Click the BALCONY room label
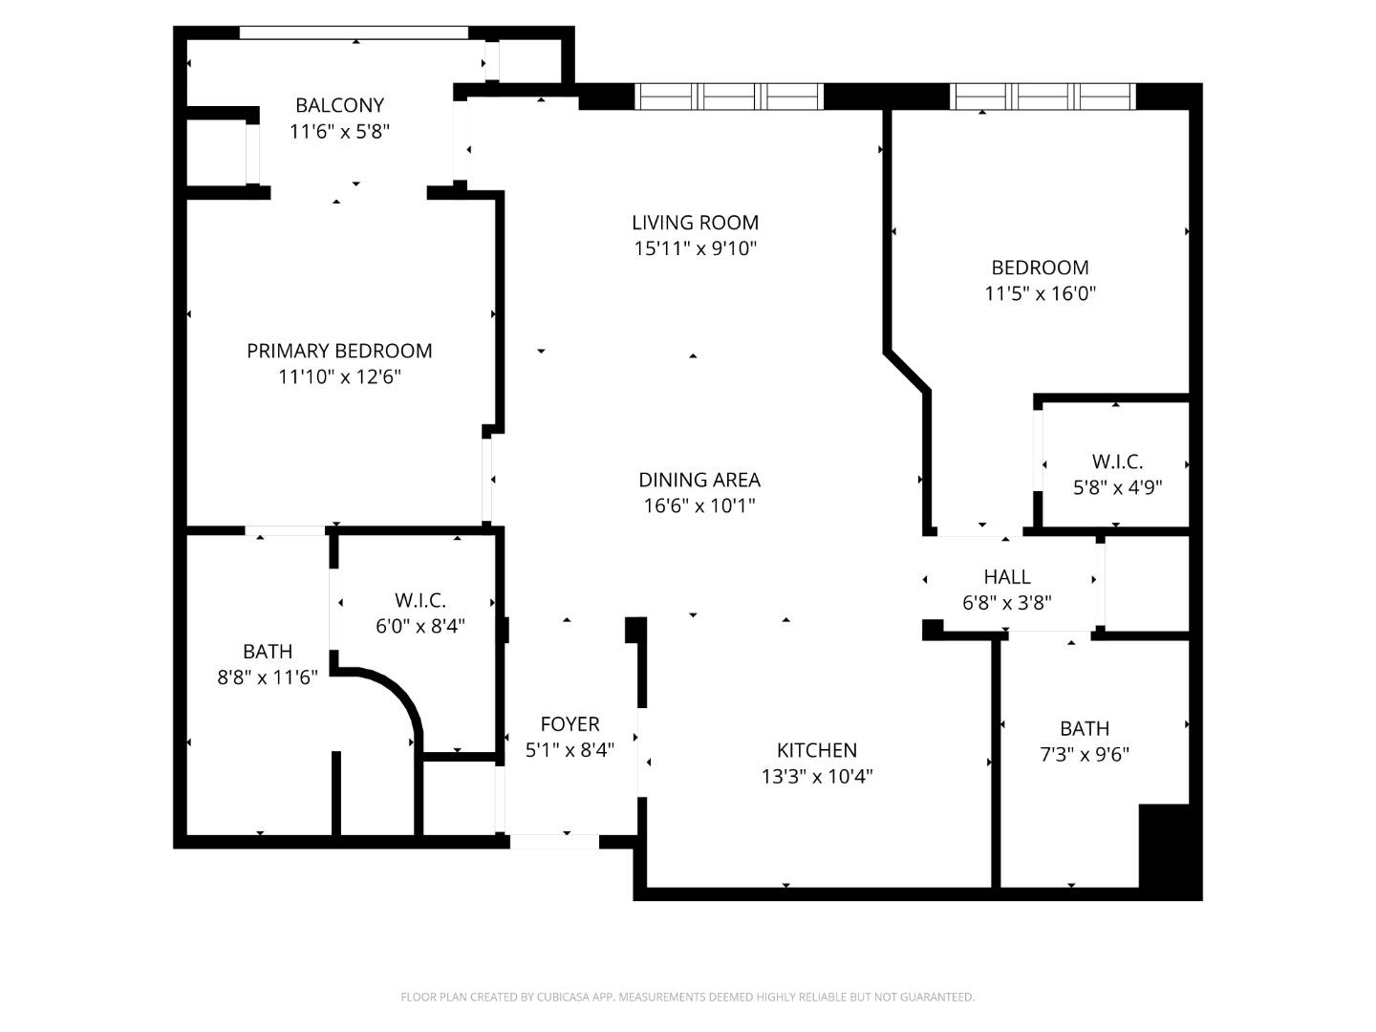tap(339, 105)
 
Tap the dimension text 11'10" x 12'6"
tap(339, 376)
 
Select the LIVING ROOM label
tap(695, 223)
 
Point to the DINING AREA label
tap(699, 480)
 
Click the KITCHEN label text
tap(816, 750)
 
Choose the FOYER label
tap(570, 724)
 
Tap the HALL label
tap(1007, 577)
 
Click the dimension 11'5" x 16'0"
tap(1040, 293)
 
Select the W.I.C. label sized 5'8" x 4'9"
tap(1117, 462)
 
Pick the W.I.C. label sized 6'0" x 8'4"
tap(419, 601)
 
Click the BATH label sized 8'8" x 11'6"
tap(268, 652)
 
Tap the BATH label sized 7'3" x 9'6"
tap(1084, 728)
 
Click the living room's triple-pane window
tap(729, 97)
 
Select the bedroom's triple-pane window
tap(1043, 97)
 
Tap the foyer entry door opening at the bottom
tap(554, 842)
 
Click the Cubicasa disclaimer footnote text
tap(687, 997)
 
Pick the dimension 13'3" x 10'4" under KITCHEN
tap(816, 776)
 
